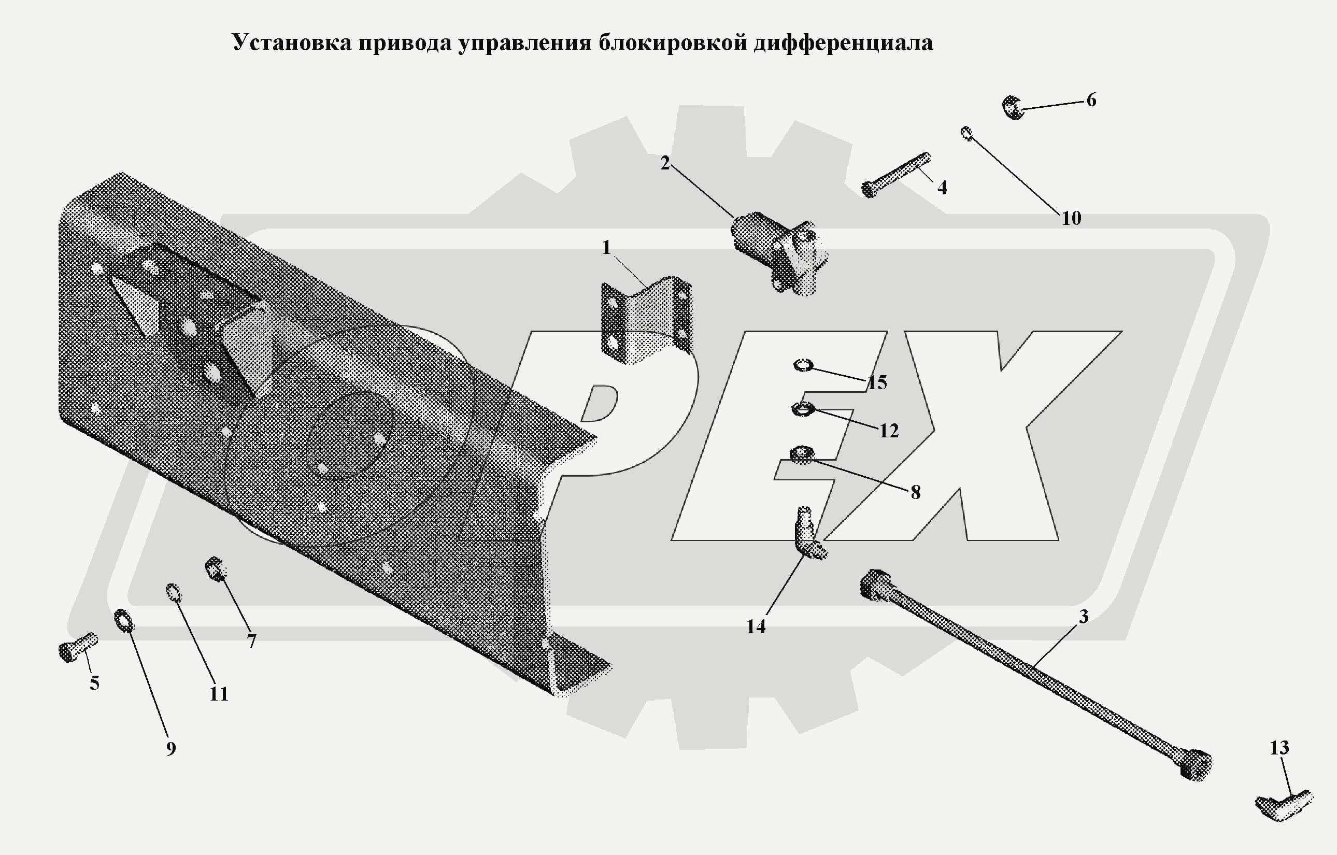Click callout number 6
tap(1091, 100)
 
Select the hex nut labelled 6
tap(1013, 107)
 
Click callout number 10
tap(1071, 218)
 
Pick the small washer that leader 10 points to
tap(966, 133)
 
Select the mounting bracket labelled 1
tap(647, 320)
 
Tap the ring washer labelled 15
tap(803, 365)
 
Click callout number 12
tap(888, 430)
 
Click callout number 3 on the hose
tap(1083, 617)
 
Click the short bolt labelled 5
tap(77, 647)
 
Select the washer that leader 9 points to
tap(123, 620)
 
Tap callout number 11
tap(219, 694)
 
